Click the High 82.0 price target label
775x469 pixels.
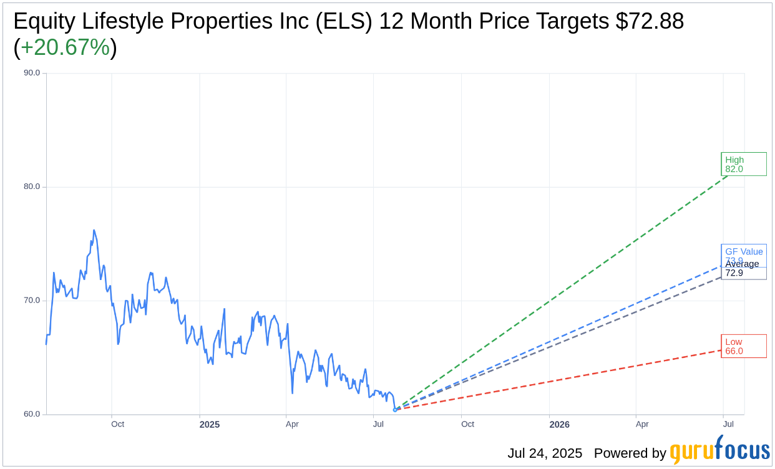coord(743,164)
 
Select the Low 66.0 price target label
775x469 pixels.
coord(743,346)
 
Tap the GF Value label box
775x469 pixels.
coord(743,252)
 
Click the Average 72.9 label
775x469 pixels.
coord(743,269)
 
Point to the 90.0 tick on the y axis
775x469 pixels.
coord(32,73)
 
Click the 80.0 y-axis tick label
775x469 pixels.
coord(32,186)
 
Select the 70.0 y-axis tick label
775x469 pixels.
coord(32,301)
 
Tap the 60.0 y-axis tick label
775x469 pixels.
coord(32,414)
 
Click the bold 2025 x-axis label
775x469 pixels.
coord(210,425)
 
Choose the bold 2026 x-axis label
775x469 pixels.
coord(559,425)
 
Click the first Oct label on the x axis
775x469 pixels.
coord(117,424)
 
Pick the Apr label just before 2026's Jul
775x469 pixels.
coord(642,424)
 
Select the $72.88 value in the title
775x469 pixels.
coord(650,21)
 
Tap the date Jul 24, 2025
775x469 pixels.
coord(545,453)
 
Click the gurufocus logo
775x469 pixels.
coord(719,450)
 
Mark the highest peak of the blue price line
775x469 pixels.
coord(94,230)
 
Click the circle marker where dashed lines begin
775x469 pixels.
coord(395,410)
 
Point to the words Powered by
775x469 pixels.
coord(630,453)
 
